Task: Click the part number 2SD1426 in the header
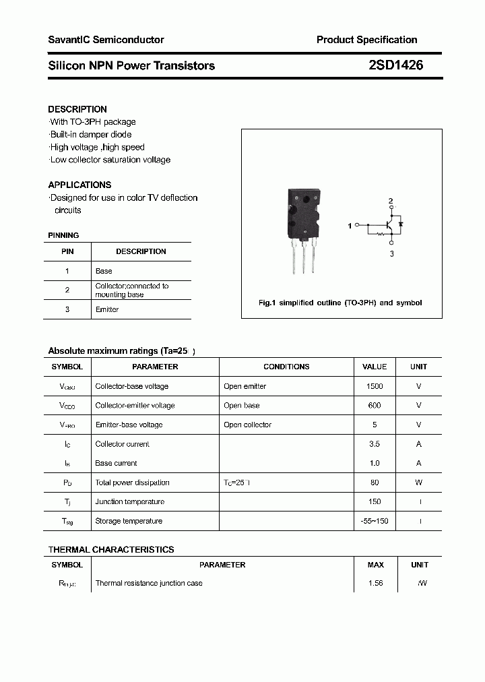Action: [396, 65]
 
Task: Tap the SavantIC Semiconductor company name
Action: [106, 40]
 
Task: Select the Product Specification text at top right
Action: [366, 40]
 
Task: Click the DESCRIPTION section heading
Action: [77, 109]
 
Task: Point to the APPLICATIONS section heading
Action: [79, 185]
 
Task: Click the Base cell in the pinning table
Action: [104, 271]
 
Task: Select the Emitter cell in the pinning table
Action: [107, 309]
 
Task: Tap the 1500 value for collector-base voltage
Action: [375, 386]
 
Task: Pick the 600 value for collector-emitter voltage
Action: [375, 406]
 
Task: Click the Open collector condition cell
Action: [248, 425]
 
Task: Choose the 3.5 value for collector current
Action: [375, 444]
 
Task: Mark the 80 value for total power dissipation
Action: [375, 483]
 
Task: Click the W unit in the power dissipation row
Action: [419, 483]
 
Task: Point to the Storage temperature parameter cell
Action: [129, 521]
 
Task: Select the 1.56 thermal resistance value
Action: [375, 583]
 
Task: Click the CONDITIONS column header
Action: [286, 367]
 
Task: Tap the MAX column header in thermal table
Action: [375, 565]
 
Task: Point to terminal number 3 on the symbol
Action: [391, 254]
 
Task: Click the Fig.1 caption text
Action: [340, 303]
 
